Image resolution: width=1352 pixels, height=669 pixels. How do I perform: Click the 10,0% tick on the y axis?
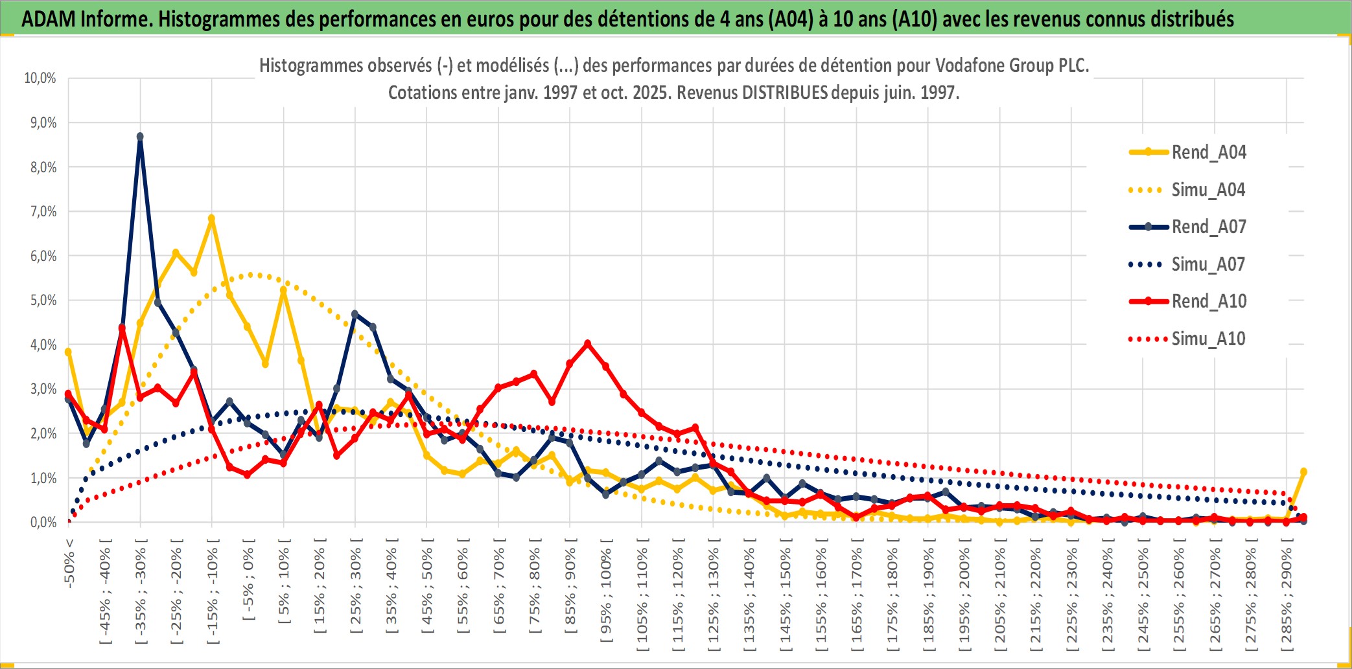tap(40, 78)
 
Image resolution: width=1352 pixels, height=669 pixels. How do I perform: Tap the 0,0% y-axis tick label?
tap(43, 523)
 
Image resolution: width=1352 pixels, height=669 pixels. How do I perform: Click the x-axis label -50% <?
tap(69, 563)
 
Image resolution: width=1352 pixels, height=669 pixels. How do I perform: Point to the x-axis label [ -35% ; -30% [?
tap(141, 591)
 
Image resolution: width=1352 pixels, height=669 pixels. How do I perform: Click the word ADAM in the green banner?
tap(48, 19)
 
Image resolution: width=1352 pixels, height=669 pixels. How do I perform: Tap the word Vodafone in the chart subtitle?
tap(968, 65)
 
